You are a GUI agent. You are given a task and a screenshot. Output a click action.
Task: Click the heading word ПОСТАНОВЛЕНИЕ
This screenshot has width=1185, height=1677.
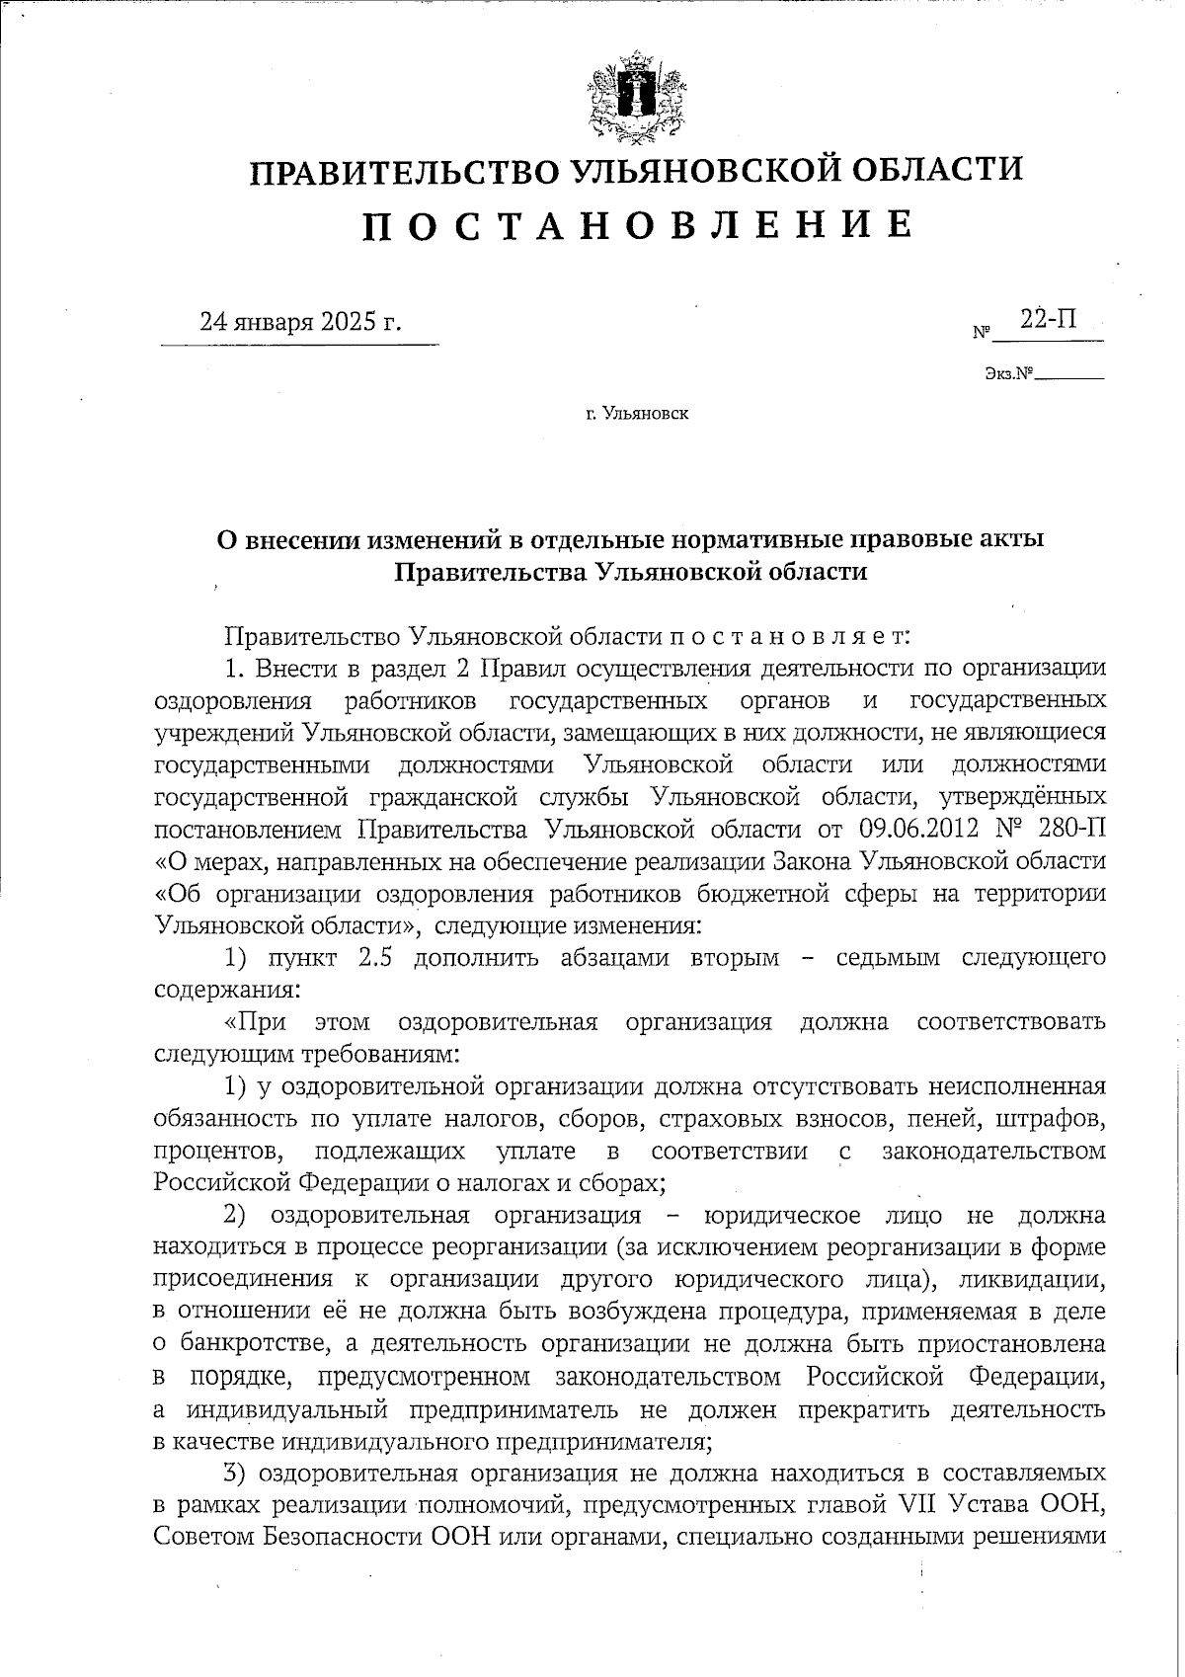636,226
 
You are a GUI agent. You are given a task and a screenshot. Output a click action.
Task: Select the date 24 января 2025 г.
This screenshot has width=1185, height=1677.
301,322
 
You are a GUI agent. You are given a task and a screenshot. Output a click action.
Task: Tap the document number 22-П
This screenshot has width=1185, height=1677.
1049,319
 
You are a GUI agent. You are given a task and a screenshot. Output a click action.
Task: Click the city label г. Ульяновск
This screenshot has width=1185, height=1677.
636,413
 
